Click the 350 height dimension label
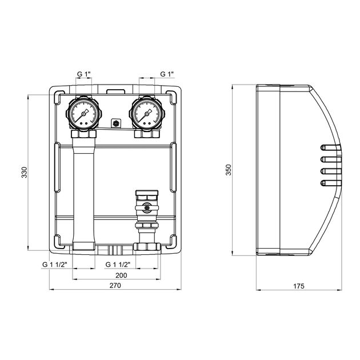click(228, 170)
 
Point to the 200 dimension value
click(114, 275)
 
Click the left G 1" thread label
click(84, 74)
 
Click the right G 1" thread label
click(167, 74)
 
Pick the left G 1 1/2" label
click(55, 265)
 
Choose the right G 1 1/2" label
click(119, 265)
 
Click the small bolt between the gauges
click(115, 123)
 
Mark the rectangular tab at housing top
click(114, 90)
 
